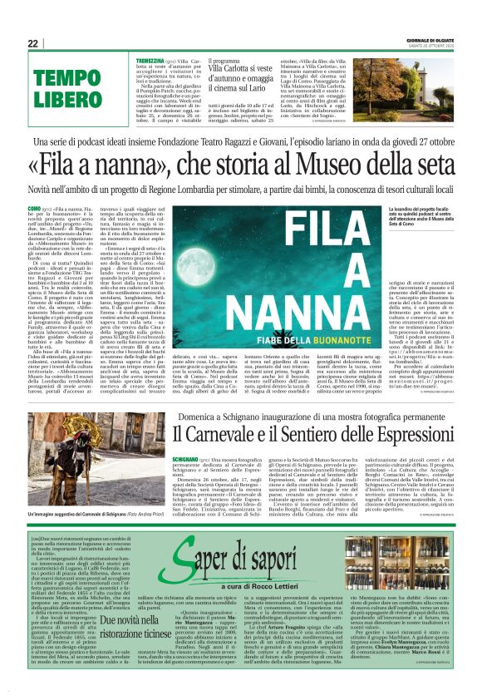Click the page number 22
(32, 43)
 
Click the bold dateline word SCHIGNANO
(184, 458)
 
